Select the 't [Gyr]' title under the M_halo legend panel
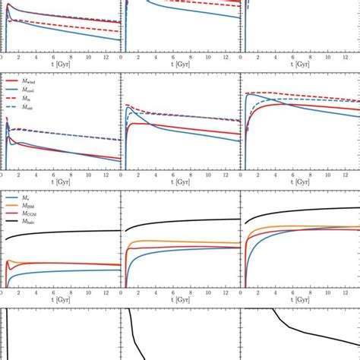(x=60, y=302)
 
